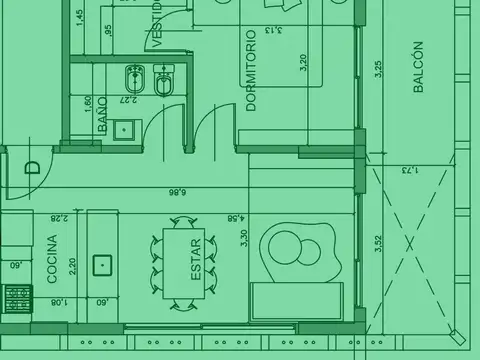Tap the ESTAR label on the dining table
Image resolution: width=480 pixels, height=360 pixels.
click(196, 259)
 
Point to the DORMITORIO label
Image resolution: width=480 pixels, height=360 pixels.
click(251, 70)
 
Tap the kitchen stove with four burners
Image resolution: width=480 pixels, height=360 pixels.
click(17, 298)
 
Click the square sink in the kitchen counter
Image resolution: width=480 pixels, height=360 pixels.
click(102, 264)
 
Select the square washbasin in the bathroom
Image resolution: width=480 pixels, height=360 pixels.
click(125, 127)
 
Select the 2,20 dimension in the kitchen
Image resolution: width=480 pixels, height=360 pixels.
click(72, 266)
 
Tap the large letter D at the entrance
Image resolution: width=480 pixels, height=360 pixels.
click(32, 168)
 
